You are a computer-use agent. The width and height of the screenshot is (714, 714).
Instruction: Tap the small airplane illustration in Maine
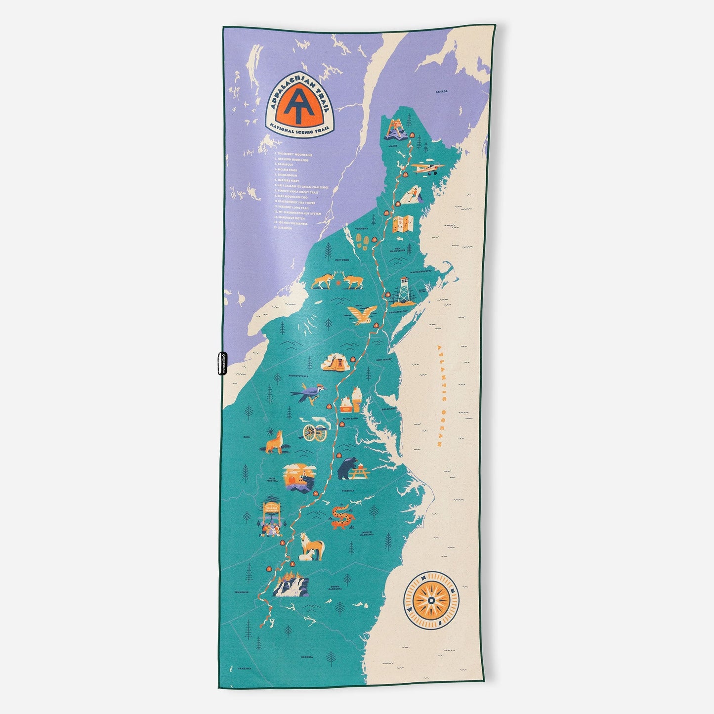click(427, 168)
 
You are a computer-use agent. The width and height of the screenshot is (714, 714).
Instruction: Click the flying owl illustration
click(362, 315)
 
